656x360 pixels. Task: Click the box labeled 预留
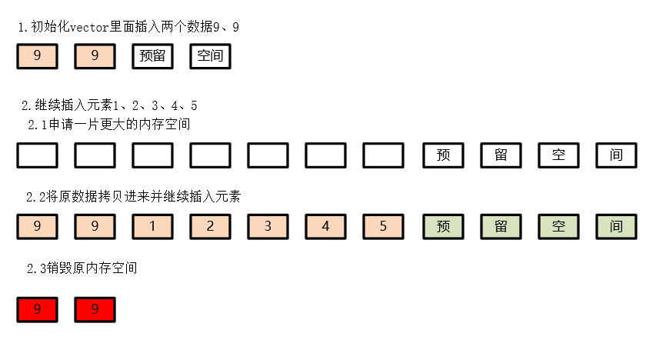[x=152, y=56]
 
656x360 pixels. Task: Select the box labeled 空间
[x=210, y=56]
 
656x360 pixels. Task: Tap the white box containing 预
[x=443, y=155]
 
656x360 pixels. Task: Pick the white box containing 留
[x=501, y=155]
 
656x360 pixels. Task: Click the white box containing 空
[x=558, y=155]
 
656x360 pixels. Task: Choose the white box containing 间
[x=616, y=155]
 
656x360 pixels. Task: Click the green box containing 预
[x=443, y=227]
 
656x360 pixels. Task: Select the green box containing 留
[x=501, y=227]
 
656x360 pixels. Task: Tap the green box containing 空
[x=558, y=227]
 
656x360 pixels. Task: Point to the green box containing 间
[x=616, y=227]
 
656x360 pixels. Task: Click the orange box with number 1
[x=152, y=227]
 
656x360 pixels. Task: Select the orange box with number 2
[x=210, y=227]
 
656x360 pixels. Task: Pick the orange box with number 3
[x=268, y=227]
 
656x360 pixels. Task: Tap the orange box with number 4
[x=325, y=227]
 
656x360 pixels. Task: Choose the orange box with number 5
[x=383, y=227]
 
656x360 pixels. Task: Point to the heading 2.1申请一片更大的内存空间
[x=109, y=124]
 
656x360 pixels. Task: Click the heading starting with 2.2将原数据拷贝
[x=134, y=197]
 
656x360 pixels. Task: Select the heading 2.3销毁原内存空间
[x=82, y=268]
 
